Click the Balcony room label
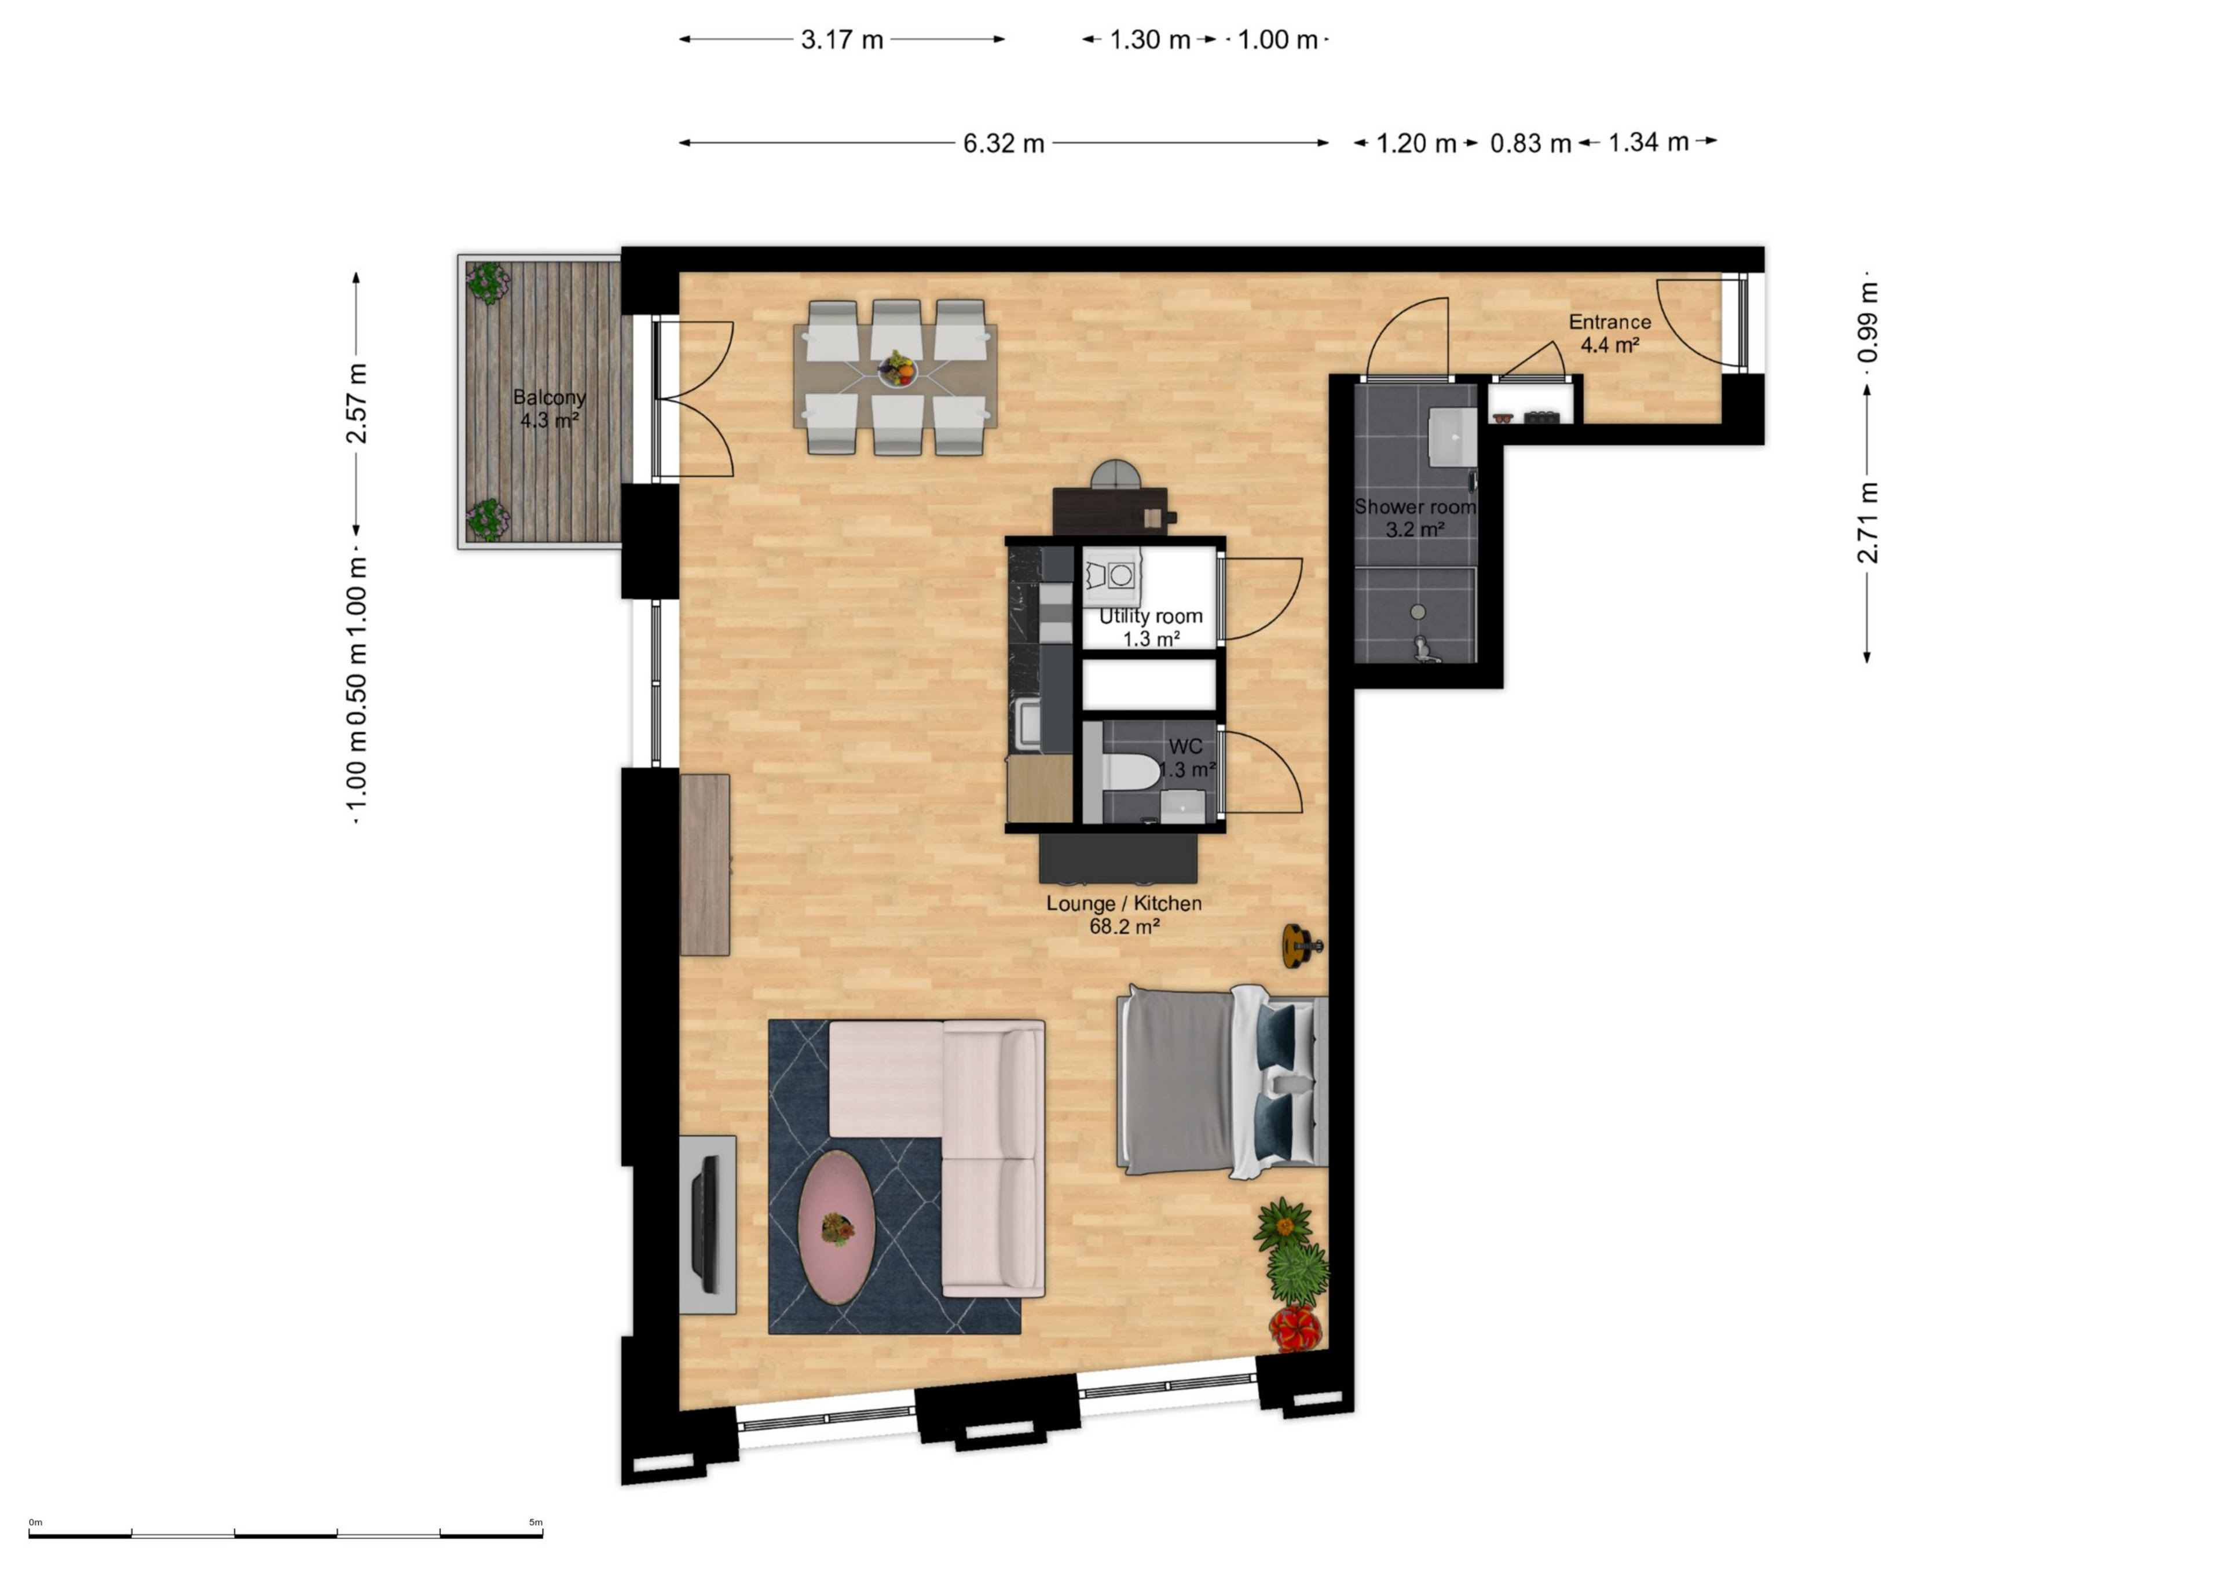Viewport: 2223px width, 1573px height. pos(549,408)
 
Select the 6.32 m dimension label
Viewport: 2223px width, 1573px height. pos(1004,143)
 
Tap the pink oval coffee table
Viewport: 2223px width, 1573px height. pos(837,1227)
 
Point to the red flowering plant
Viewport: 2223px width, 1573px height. pos(1295,1327)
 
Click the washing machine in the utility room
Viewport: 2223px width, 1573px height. pos(1112,576)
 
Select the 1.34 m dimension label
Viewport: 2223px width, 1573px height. pos(1649,143)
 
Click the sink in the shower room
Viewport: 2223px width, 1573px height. pos(1452,436)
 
